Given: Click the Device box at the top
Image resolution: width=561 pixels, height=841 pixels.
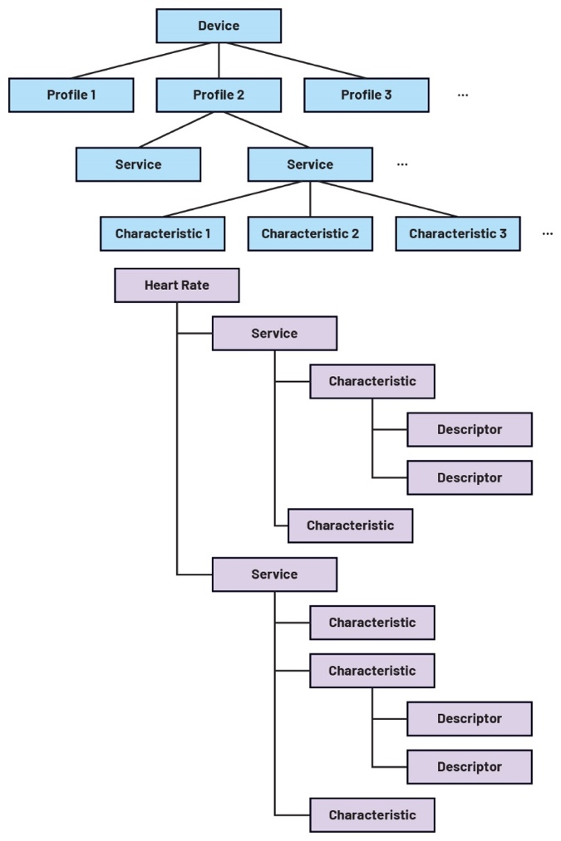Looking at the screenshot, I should [219, 26].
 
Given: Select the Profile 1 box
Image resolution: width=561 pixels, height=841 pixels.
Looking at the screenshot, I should [71, 95].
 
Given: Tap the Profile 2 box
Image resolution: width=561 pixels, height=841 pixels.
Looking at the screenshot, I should [219, 95].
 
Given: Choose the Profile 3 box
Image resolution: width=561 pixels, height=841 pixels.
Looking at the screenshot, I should [367, 95].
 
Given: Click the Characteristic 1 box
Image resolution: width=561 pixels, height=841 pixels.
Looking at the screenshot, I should [163, 233].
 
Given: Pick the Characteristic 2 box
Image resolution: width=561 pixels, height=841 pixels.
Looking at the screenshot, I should [310, 233].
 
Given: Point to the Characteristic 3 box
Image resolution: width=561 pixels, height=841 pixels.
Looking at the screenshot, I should [458, 233].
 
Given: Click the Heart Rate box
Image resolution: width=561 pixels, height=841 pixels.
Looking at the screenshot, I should [177, 285].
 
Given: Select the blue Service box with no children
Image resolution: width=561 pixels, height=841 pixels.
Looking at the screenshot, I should [138, 164].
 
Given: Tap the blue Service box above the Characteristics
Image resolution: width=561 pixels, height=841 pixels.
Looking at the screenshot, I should [310, 164].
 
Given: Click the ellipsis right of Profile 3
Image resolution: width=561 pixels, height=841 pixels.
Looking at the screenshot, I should [463, 95].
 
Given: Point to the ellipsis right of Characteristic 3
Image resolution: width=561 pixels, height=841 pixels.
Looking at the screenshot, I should [548, 234].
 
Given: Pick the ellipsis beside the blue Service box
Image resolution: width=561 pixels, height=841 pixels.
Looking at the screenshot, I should [402, 165].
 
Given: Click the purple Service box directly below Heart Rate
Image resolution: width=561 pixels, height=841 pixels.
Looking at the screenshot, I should [274, 333].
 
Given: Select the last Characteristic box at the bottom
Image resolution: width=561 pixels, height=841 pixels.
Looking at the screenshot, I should [372, 814].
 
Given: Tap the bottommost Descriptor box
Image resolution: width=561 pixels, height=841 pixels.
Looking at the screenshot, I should [470, 766].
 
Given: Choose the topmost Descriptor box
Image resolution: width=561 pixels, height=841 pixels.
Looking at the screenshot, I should [470, 429].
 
